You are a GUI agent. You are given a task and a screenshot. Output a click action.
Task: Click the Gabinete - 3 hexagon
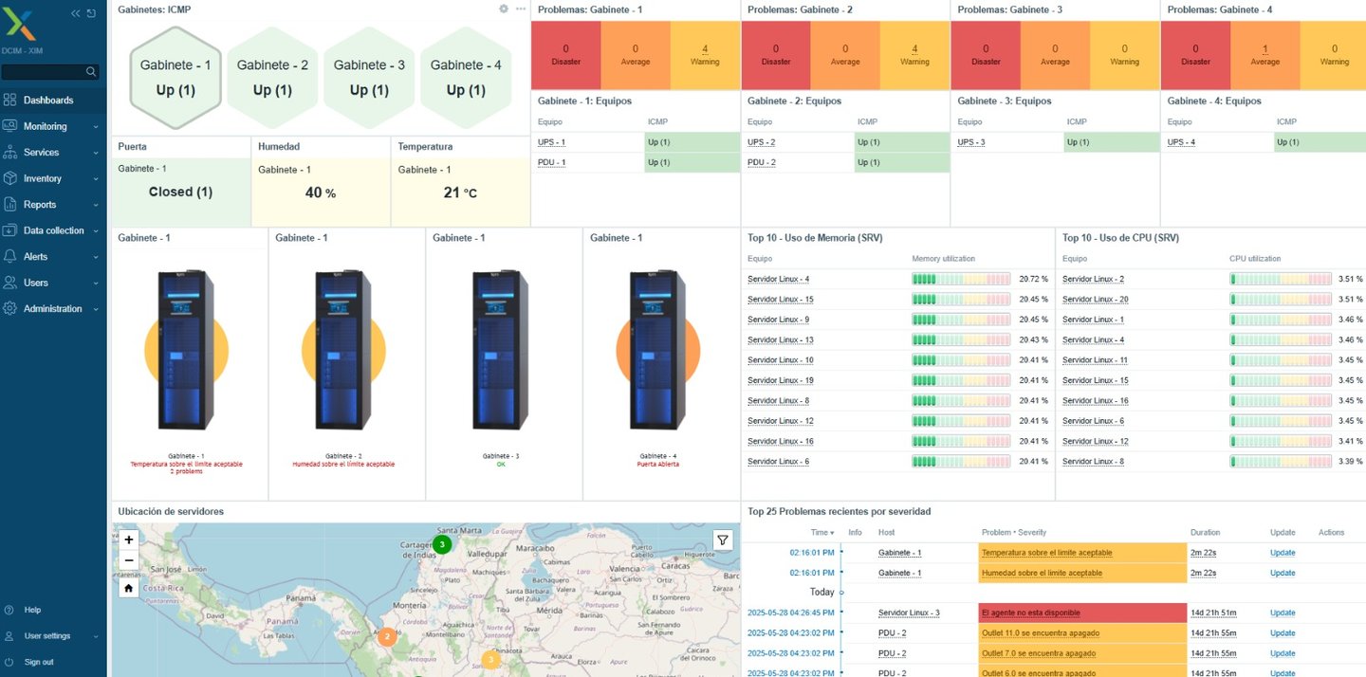tap(369, 77)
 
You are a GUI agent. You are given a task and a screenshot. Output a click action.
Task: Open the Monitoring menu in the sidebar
tap(46, 126)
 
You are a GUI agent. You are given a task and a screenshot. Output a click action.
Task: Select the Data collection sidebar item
tap(53, 230)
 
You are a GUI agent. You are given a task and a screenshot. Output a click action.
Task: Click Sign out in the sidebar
tap(39, 662)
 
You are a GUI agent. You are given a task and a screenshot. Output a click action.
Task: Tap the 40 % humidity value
tap(321, 193)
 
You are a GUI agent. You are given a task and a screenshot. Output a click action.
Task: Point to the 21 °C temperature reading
tap(460, 193)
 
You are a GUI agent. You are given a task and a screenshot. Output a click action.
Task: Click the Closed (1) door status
tap(180, 192)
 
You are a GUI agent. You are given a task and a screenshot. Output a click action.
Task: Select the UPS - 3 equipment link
tap(971, 142)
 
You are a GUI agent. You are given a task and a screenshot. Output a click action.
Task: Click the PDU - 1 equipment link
tap(551, 162)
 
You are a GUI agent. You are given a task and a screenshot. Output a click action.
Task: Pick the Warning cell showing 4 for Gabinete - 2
tap(914, 55)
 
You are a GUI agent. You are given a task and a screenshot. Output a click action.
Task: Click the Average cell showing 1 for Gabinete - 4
tap(1264, 55)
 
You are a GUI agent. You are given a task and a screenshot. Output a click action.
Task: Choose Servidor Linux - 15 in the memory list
tap(780, 300)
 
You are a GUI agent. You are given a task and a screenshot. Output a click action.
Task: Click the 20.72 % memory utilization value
tap(1033, 280)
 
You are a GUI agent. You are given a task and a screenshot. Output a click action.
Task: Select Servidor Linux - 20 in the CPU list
tap(1095, 300)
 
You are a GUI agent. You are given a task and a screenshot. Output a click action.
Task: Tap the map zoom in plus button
tap(129, 540)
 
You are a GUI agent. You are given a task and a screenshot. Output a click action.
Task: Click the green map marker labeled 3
tap(441, 544)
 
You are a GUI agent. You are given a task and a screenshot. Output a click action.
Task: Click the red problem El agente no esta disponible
tap(1030, 613)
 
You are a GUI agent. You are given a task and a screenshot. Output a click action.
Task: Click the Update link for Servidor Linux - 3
tap(1283, 613)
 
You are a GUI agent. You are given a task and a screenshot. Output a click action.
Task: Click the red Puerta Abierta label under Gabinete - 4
tap(661, 465)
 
